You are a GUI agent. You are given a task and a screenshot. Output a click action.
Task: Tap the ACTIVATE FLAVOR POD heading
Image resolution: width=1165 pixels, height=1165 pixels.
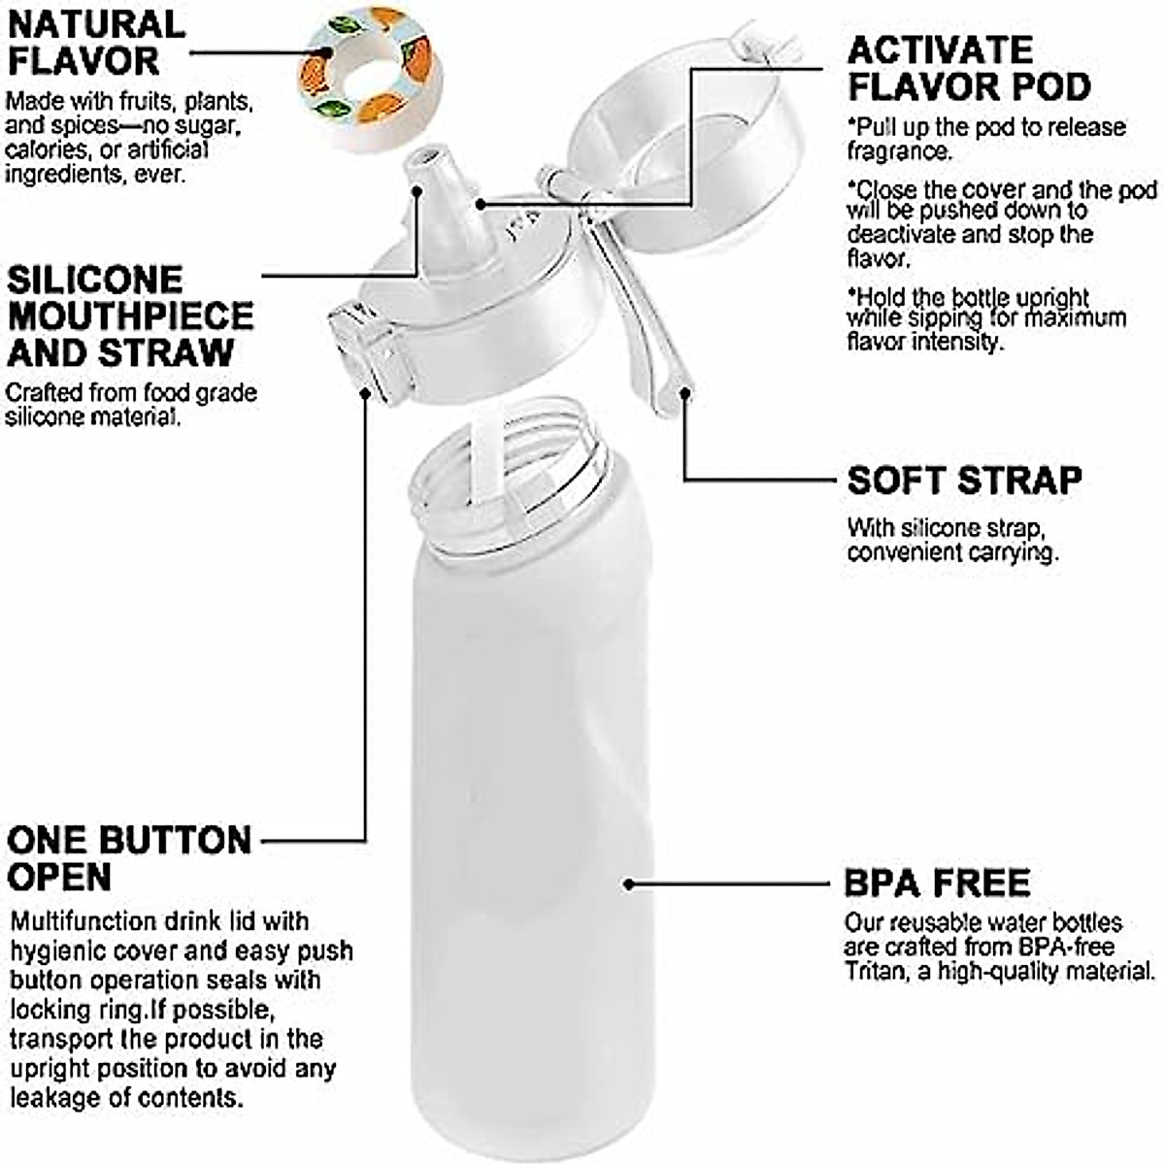tap(968, 68)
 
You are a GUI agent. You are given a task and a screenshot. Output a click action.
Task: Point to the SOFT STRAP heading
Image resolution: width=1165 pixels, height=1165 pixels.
tap(963, 481)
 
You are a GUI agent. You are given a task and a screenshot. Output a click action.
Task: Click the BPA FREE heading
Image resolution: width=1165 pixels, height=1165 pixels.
tap(937, 883)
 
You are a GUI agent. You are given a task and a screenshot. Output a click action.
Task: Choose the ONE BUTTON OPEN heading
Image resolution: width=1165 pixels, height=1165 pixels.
tap(128, 858)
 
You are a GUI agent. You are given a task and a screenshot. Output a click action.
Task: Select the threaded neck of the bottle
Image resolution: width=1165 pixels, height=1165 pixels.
tap(515, 476)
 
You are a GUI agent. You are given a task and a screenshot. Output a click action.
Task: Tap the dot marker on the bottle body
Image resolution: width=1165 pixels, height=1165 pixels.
tap(629, 884)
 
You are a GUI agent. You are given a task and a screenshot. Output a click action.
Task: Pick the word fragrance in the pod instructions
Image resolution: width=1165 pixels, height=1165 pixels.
tap(897, 151)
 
